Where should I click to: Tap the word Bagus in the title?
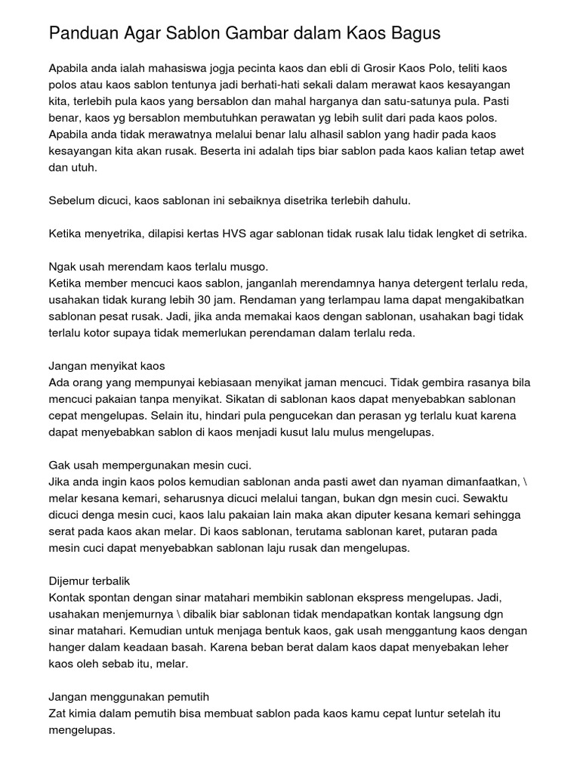tap(414, 34)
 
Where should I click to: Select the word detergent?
tap(428, 283)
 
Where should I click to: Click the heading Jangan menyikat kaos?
tap(106, 367)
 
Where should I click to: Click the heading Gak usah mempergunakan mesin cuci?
tap(150, 466)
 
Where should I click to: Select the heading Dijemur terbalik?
tap(89, 581)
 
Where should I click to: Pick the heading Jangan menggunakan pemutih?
tap(128, 698)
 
